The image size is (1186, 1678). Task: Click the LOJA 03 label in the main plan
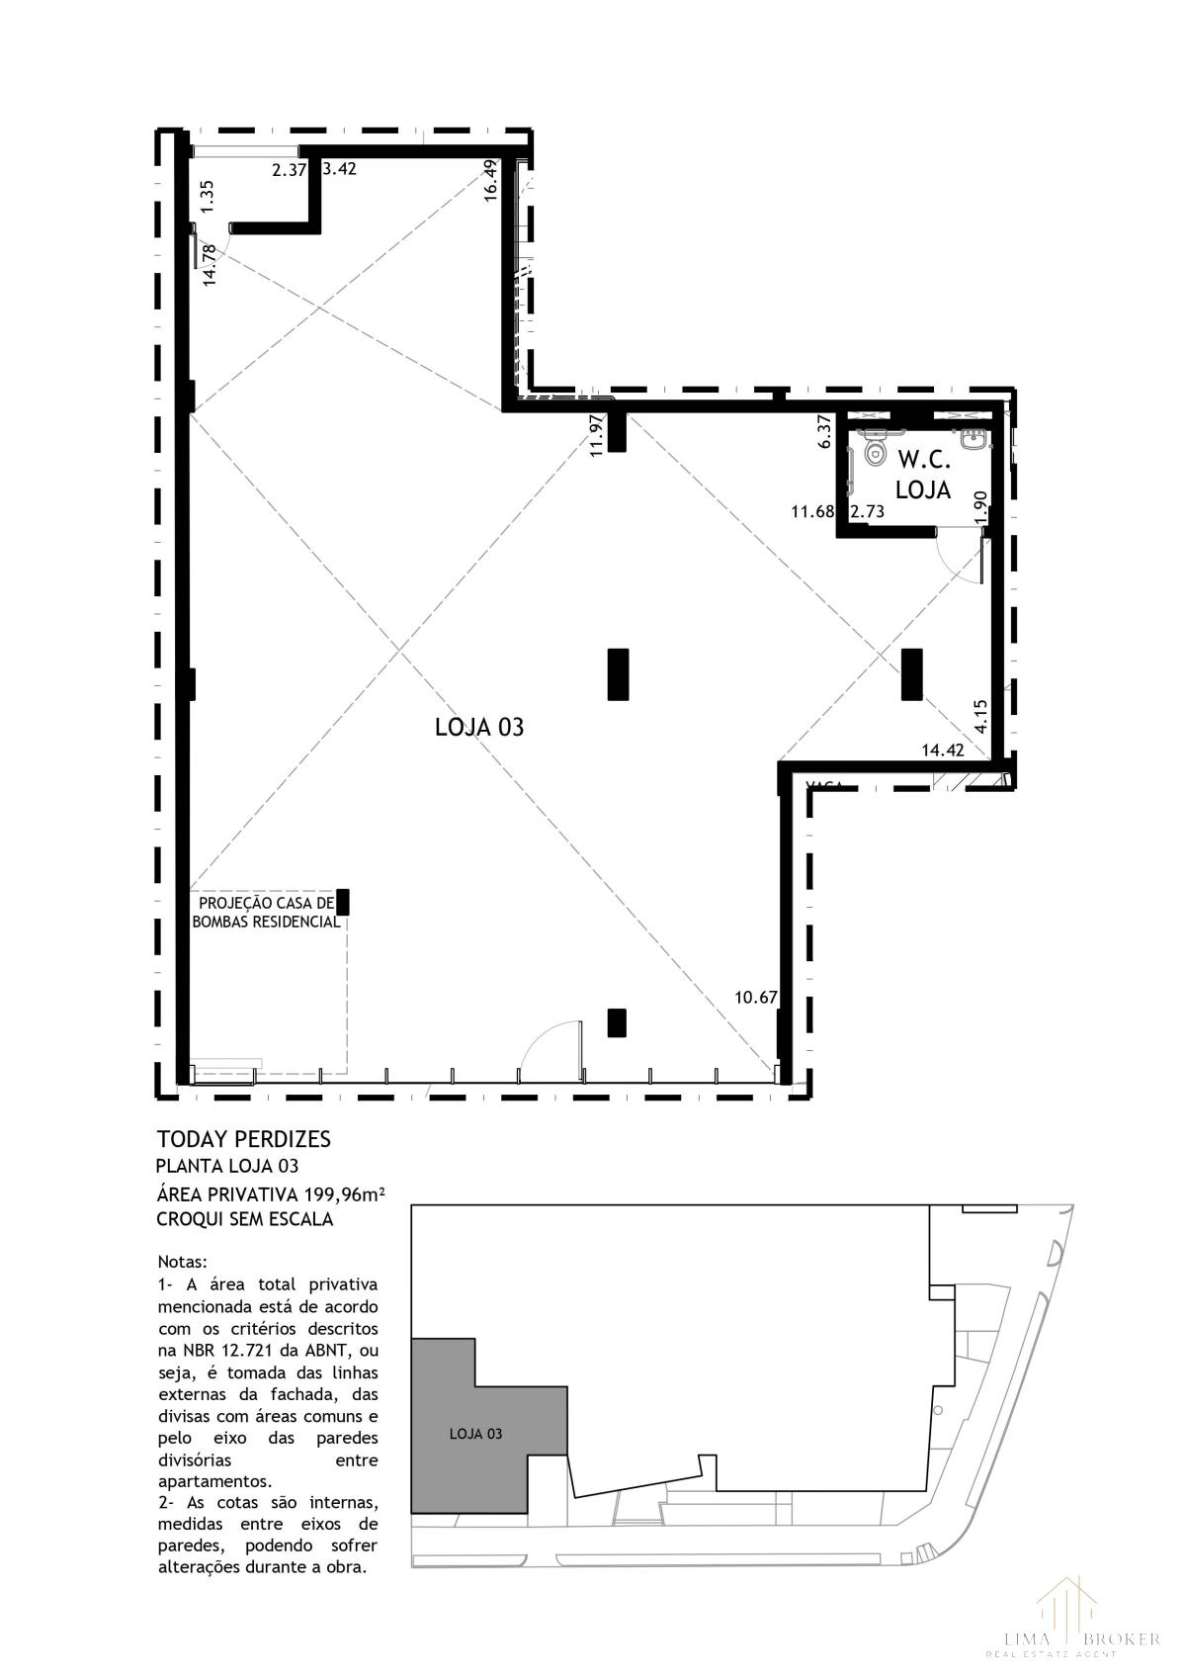click(x=479, y=728)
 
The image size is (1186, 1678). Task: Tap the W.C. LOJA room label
click(x=923, y=475)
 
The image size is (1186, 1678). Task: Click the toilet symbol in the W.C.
click(x=875, y=452)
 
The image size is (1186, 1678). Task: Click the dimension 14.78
click(x=209, y=265)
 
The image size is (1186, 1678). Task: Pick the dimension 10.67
click(x=756, y=997)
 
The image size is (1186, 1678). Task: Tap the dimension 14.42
click(x=942, y=751)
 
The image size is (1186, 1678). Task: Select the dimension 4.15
click(x=979, y=716)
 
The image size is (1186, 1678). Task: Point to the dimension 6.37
click(x=825, y=431)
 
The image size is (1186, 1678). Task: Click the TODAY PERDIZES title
click(x=243, y=1139)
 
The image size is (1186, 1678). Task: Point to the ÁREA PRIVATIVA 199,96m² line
click(x=270, y=1194)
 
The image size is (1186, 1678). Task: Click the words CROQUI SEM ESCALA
click(x=244, y=1219)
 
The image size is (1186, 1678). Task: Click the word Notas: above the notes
click(x=183, y=1263)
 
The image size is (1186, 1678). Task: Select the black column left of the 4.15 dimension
click(x=911, y=674)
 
